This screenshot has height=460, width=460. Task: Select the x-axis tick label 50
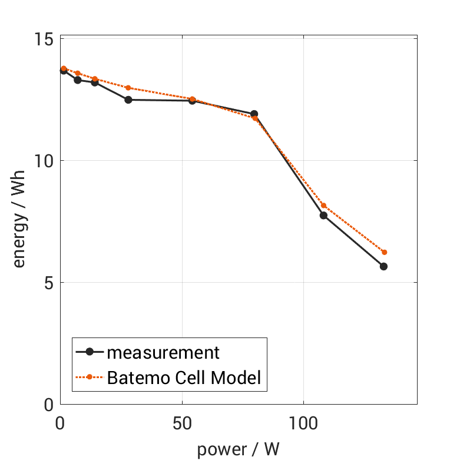pyautogui.click(x=182, y=423)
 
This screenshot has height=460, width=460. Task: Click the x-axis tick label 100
pyautogui.click(x=303, y=423)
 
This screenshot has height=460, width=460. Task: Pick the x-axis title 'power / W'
pyautogui.click(x=238, y=449)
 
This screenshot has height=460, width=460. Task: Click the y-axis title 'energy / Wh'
pyautogui.click(x=19, y=221)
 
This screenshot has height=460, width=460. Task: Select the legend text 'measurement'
pyautogui.click(x=163, y=352)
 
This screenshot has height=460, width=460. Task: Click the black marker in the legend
pyautogui.click(x=90, y=352)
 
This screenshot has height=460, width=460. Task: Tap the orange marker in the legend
pyautogui.click(x=90, y=377)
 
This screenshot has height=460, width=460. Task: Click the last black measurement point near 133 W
pyautogui.click(x=383, y=266)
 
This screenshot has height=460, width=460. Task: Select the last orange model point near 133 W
pyautogui.click(x=384, y=252)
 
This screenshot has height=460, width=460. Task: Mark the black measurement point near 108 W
pyautogui.click(x=323, y=216)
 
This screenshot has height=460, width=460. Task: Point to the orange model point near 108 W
pyautogui.click(x=323, y=206)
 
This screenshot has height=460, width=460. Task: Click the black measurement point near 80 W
pyautogui.click(x=254, y=114)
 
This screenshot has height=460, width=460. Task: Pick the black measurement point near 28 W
pyautogui.click(x=128, y=100)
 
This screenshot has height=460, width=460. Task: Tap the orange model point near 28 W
pyautogui.click(x=128, y=88)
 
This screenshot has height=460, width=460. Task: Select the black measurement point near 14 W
pyautogui.click(x=95, y=82)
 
